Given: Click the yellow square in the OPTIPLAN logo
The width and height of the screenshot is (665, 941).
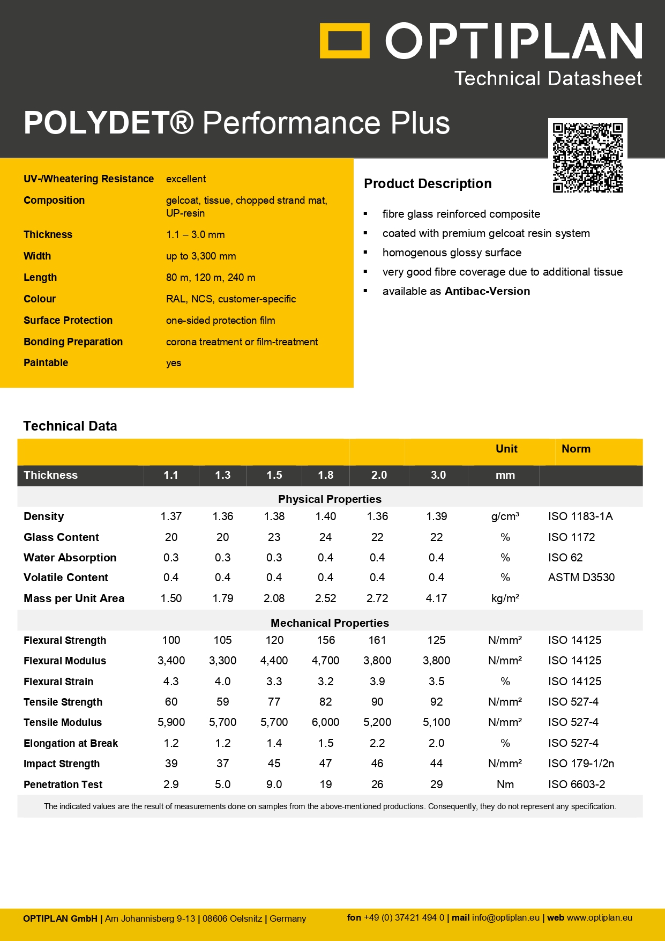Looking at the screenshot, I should (x=345, y=40).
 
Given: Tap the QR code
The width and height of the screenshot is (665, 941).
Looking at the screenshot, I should (x=588, y=158).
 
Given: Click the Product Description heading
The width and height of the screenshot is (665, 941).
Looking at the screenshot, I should (x=428, y=184).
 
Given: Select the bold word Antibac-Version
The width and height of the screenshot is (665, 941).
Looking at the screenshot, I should (x=487, y=291).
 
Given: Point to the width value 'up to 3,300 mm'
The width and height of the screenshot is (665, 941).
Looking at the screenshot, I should (x=201, y=256).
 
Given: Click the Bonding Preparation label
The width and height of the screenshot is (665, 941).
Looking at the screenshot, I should (x=73, y=342).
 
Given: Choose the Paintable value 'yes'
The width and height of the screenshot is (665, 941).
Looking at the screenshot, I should (x=174, y=363).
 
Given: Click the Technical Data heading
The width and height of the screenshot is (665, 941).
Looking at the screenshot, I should (x=70, y=426).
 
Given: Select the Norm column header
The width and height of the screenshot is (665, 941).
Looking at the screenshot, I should (x=576, y=449).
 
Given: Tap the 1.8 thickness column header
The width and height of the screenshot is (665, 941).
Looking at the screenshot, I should (x=325, y=476).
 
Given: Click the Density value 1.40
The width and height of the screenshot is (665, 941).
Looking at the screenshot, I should (x=325, y=516).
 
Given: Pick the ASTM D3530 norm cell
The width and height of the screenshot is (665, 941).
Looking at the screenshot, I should (x=581, y=577).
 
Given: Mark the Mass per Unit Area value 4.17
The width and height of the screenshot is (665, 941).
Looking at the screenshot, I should (x=436, y=598).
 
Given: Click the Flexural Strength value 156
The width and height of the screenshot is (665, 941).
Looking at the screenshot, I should (x=325, y=640).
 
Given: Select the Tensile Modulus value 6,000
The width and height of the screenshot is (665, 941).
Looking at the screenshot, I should (x=325, y=722).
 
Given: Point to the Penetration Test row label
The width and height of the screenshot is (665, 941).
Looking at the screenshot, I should (x=63, y=784).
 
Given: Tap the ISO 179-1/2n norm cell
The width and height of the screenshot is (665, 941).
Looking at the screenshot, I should (x=581, y=764).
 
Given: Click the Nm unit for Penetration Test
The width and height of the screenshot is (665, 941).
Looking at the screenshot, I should (x=505, y=784).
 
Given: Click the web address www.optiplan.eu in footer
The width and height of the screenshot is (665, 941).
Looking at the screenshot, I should (x=599, y=918).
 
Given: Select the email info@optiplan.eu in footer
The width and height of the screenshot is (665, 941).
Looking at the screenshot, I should (x=505, y=918).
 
